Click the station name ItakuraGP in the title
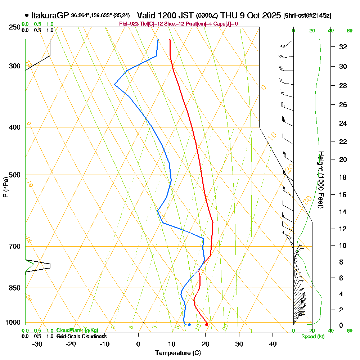(50, 15)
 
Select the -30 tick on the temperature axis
(37, 344)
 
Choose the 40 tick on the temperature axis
(273, 344)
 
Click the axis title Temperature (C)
(178, 353)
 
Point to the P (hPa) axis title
(5, 187)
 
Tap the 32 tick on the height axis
(343, 47)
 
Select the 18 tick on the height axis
(343, 177)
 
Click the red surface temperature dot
(206, 325)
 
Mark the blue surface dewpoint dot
(189, 325)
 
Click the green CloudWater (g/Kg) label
(77, 330)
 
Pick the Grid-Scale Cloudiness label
(81, 336)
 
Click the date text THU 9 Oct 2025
(251, 15)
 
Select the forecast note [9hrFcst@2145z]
(307, 15)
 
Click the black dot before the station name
(27, 15)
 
